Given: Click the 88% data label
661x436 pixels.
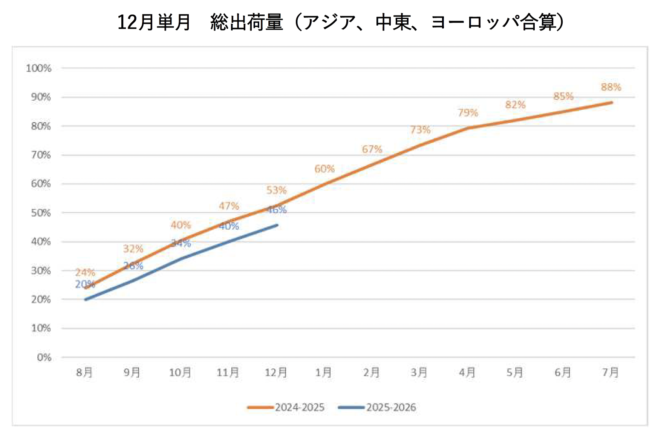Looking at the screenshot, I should tap(611, 87).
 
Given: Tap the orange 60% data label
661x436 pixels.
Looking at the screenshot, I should tap(324, 169).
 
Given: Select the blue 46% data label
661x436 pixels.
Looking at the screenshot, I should tap(277, 210).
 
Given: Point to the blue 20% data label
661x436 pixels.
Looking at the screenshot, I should tap(85, 284).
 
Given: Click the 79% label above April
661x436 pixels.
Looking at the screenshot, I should tap(468, 112).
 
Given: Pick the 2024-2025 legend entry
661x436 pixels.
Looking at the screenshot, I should tap(286, 407).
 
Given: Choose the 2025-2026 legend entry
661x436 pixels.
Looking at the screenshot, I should tap(378, 407).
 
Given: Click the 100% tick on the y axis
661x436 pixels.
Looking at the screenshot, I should tap(38, 68).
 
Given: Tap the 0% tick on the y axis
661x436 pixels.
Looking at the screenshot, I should tap(44, 357).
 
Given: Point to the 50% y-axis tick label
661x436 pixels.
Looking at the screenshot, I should tap(41, 213).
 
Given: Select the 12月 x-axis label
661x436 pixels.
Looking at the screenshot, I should tap(276, 373).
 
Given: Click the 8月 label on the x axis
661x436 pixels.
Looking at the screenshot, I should tap(84, 373).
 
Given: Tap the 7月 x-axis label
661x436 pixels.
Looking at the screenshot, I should tap(610, 373).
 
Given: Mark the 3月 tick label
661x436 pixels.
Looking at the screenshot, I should tap(419, 373).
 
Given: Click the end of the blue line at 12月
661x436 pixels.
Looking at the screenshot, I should tap(277, 225).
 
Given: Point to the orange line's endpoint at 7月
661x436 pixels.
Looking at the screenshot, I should tap(611, 102).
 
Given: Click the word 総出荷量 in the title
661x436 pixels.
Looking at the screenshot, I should tap(246, 22).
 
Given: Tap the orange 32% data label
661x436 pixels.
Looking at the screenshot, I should tap(133, 249).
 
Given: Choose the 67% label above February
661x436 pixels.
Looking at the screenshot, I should tap(372, 149).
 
